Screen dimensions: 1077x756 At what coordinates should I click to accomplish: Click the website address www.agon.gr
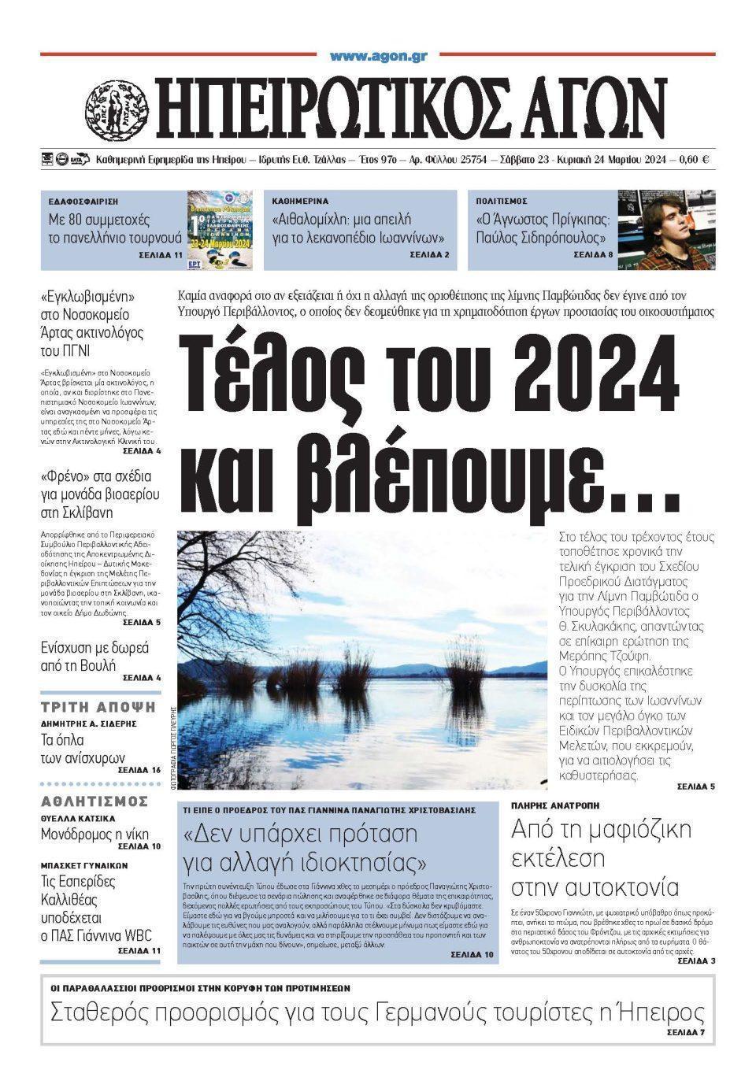379,56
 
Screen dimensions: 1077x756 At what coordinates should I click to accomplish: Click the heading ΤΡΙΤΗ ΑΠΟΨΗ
98,706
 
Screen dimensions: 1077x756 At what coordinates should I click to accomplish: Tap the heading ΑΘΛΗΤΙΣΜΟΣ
94,801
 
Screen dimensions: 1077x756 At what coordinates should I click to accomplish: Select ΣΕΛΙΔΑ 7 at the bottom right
686,1032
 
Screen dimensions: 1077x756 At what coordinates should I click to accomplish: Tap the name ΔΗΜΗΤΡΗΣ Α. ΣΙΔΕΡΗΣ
89,723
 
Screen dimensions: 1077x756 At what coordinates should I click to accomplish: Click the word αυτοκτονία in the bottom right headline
595,886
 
